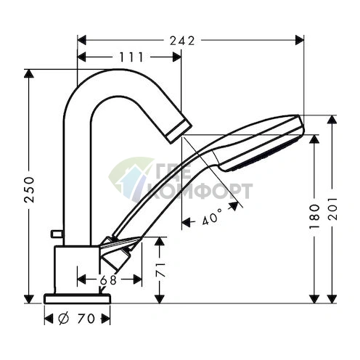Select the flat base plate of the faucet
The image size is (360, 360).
click(x=78, y=298)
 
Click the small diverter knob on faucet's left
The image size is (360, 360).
click(x=54, y=234)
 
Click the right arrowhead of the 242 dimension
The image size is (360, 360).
click(x=300, y=41)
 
